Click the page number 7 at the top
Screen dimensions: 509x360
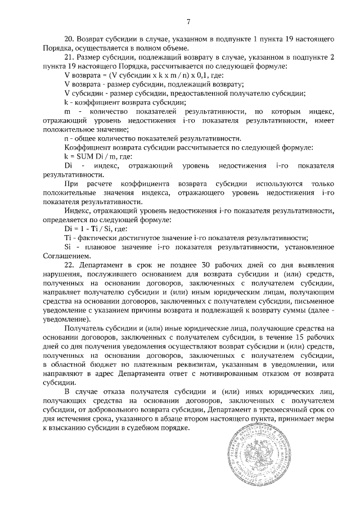[x=188, y=21]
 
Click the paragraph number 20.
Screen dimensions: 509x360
[x=70, y=40]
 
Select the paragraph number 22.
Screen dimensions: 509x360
[x=70, y=264]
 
